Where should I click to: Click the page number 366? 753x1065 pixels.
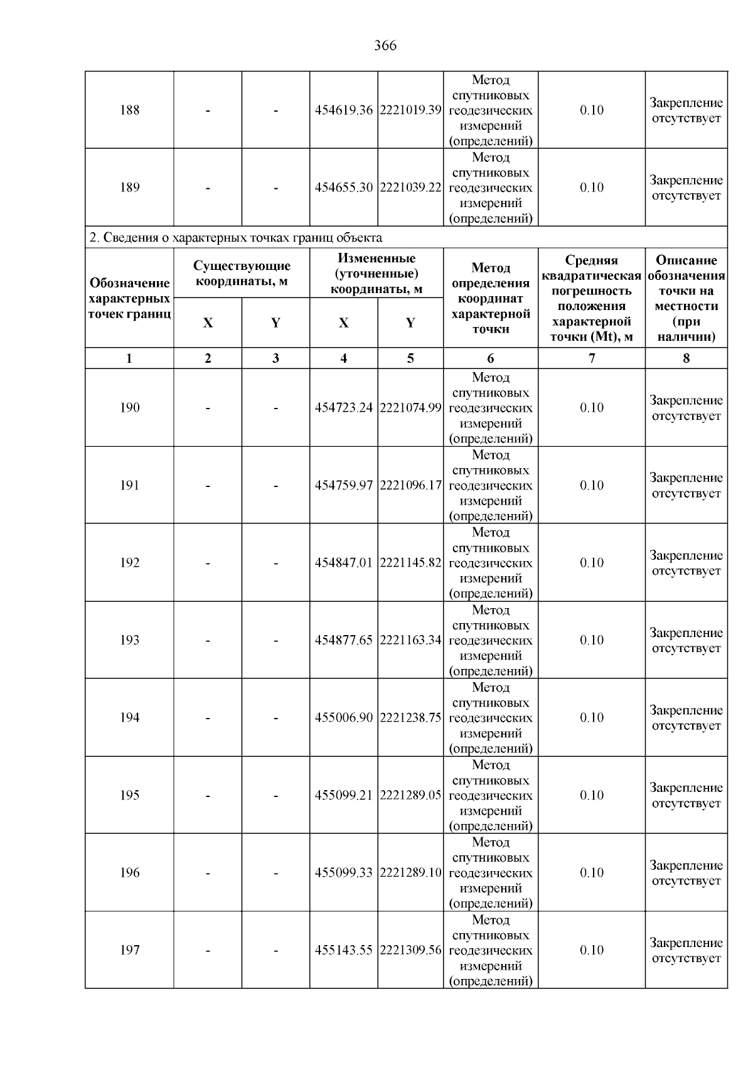tap(385, 46)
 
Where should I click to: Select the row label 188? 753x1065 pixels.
tap(129, 110)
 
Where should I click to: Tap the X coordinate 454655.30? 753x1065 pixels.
tap(343, 188)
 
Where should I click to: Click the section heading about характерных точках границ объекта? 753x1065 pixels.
tap(236, 238)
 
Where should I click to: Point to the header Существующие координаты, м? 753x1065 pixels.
tap(242, 274)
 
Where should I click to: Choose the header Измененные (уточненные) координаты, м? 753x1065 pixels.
tap(376, 274)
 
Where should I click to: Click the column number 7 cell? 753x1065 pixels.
tap(591, 358)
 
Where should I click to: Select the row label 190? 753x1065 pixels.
tap(129, 408)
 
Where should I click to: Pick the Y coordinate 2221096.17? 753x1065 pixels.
tap(411, 486)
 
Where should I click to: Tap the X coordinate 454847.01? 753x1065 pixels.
tap(343, 563)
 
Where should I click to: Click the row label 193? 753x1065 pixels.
tap(129, 640)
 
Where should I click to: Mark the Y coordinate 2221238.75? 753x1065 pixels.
tap(411, 718)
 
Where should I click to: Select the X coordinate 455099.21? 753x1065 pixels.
tap(343, 796)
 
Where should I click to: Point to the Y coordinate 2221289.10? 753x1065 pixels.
tap(411, 873)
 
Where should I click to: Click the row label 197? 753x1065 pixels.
tap(129, 950)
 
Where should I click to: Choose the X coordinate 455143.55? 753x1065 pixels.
tap(343, 950)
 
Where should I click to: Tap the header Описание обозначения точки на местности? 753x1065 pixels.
tap(686, 298)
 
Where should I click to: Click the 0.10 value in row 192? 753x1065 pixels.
tap(591, 563)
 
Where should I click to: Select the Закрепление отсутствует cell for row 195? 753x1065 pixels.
tap(686, 796)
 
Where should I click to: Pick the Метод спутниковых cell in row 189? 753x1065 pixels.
tap(491, 188)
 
